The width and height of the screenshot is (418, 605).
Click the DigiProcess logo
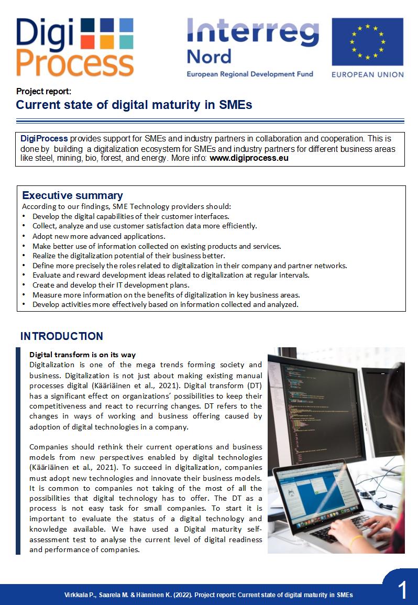(74, 47)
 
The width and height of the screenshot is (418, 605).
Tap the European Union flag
(367, 41)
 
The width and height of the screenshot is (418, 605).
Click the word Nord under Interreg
(209, 57)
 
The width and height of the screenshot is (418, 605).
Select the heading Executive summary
(72, 196)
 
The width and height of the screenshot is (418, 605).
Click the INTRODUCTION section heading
(62, 336)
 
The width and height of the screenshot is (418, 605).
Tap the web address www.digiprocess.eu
(249, 158)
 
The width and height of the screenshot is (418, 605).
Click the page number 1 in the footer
(402, 591)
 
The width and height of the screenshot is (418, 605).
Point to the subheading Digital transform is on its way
(82, 355)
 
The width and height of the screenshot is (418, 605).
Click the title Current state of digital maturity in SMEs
(134, 105)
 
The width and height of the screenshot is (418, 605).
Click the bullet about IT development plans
(111, 285)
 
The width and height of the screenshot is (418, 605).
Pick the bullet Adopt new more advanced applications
(98, 236)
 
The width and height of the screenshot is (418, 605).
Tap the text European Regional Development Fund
(250, 74)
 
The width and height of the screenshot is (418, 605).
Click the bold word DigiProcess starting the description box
(44, 139)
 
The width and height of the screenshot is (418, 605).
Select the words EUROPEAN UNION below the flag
(367, 74)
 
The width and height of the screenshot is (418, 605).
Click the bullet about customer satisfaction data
(145, 226)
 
